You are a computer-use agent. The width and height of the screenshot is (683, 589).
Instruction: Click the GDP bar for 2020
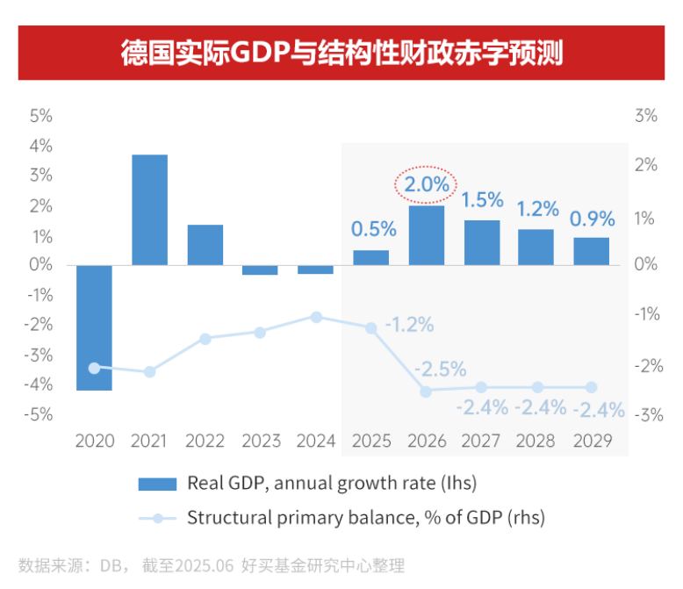pos(94,327)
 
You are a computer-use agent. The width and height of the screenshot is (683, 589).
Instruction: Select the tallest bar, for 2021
pos(149,210)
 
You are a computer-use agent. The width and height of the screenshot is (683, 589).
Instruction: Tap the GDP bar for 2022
pos(205,244)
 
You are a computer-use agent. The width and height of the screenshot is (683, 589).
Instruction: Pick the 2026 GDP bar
pos(427,235)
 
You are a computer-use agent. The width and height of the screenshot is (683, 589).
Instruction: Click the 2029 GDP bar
pos(592,251)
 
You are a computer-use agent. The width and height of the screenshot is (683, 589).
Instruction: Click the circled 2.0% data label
pos(427,185)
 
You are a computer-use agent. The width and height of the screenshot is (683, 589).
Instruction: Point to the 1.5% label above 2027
pos(482,199)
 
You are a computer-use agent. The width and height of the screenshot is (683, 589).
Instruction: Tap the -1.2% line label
pos(409,325)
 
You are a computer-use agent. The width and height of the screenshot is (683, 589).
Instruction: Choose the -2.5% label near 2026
pos(440,369)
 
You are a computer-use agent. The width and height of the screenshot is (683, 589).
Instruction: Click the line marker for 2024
pos(316,317)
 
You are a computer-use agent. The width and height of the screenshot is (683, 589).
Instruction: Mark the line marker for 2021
pos(149,371)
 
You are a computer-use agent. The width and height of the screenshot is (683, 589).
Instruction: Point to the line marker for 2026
pos(426,391)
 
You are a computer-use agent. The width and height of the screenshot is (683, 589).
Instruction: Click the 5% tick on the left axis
pos(41,115)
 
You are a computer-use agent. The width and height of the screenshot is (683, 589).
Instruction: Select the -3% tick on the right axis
pos(647,414)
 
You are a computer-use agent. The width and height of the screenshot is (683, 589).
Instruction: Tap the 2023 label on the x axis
pos(261,441)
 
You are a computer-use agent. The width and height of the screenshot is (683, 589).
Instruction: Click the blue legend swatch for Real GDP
pos(158,484)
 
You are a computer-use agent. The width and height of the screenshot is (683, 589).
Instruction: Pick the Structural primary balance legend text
pos(365,518)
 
